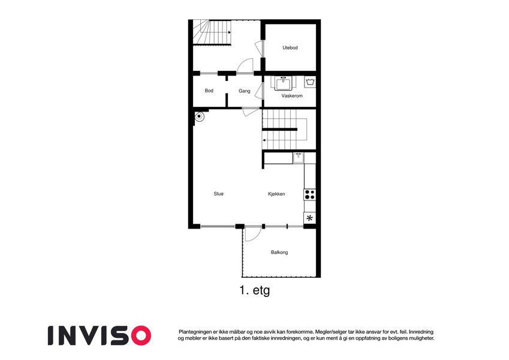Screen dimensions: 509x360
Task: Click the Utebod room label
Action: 290,48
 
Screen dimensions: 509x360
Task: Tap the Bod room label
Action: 209,91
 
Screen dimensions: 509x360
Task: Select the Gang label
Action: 245,91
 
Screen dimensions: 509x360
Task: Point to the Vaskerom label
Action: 292,96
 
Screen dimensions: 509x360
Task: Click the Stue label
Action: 218,194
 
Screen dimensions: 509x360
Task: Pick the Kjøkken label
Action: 276,194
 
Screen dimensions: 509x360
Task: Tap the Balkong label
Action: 279,252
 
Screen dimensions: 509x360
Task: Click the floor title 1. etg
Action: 254,290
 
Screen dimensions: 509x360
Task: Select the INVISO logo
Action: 100,335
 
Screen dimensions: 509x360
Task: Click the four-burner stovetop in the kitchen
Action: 310,194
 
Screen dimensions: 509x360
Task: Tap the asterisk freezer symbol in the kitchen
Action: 310,218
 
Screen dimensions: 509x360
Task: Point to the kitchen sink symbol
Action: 299,158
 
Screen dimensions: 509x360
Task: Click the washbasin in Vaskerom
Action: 284,83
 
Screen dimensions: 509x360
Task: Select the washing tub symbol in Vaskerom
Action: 310,82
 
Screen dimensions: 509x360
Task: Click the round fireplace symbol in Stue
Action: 199,116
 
